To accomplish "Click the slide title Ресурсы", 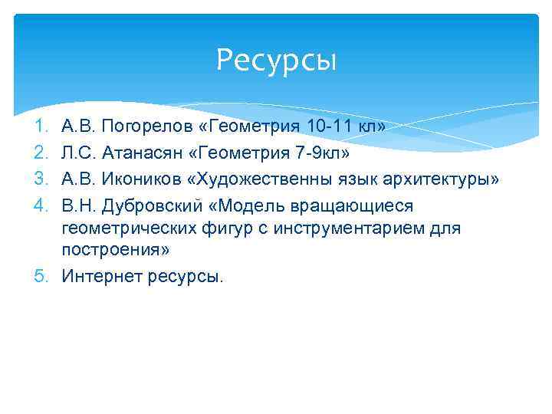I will [x=276, y=60].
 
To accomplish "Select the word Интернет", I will [x=97, y=276].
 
